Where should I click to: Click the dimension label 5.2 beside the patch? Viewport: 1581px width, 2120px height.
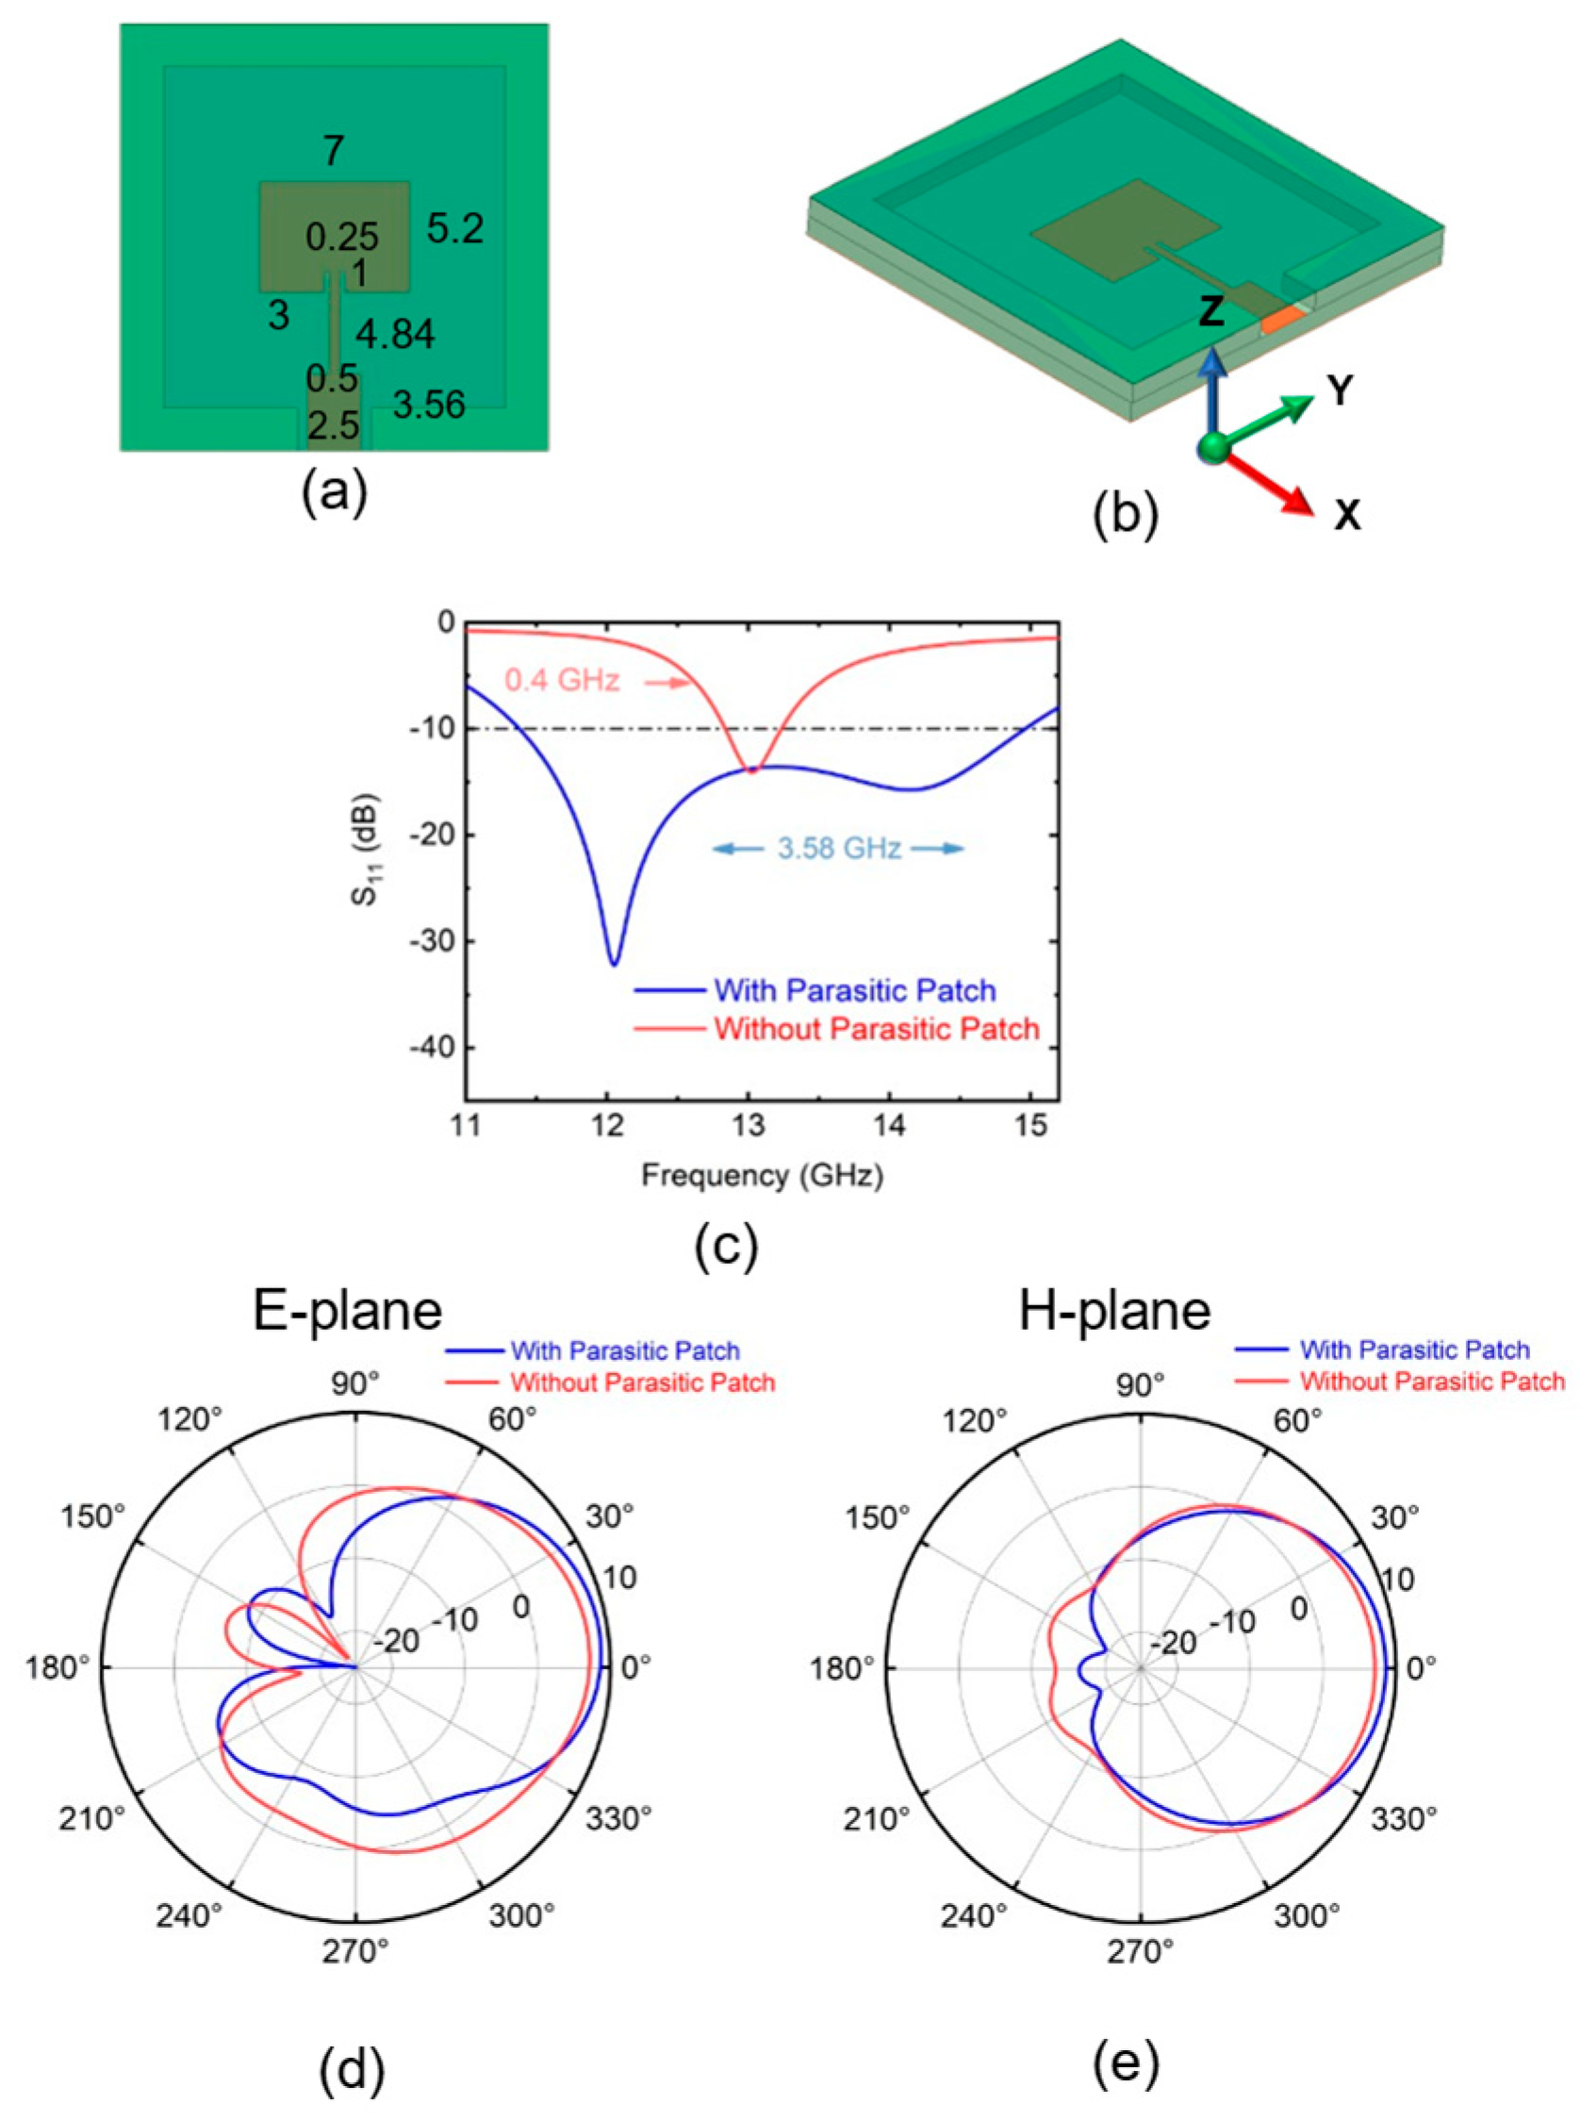(454, 229)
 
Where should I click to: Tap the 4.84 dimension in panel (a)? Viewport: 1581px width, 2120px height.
(395, 334)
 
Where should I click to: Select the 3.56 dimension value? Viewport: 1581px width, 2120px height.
(429, 405)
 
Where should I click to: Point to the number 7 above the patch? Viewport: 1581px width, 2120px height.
(333, 151)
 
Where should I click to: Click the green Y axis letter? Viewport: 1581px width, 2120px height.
(1341, 390)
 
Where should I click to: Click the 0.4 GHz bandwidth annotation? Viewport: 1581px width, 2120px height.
(562, 681)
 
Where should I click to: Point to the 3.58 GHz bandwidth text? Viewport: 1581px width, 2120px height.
(838, 848)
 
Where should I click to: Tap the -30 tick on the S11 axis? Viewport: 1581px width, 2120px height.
(433, 942)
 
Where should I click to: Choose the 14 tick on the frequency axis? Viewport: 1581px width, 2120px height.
(889, 1126)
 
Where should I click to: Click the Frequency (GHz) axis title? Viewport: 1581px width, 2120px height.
(762, 1175)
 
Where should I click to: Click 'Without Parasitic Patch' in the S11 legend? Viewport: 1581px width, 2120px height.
(876, 1029)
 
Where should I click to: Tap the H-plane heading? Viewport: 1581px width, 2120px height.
(1114, 1311)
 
